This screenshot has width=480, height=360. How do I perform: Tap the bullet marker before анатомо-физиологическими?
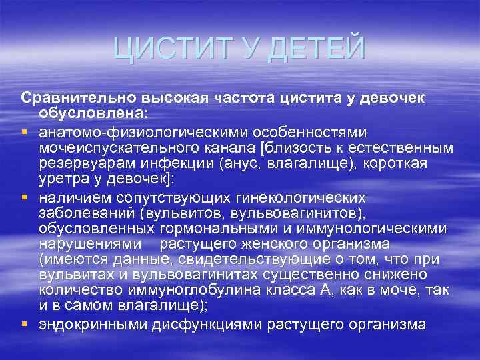tap(26, 133)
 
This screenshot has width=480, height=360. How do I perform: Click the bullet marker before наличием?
tap(26, 198)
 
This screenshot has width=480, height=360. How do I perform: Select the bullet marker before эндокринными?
tap(26, 325)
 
